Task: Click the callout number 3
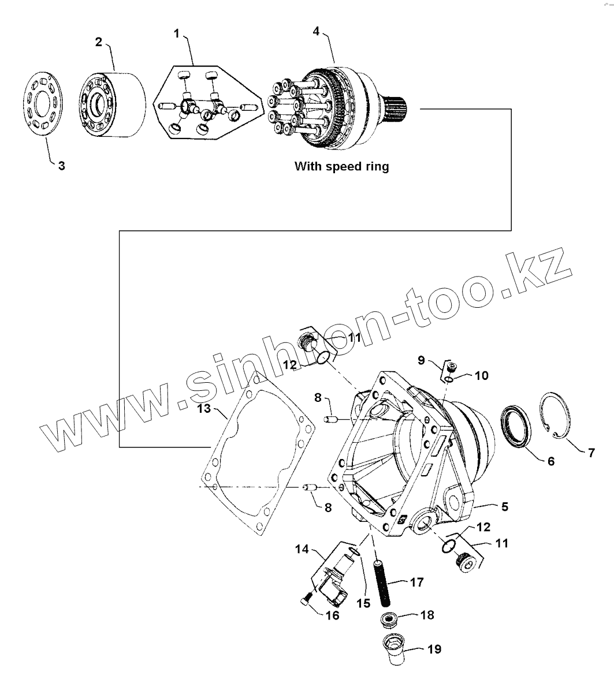(x=61, y=166)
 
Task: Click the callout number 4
(x=316, y=31)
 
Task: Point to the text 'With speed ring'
(x=341, y=166)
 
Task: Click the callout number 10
(x=482, y=376)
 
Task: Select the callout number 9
(x=422, y=360)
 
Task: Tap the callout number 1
(x=177, y=33)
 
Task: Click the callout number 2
(x=99, y=42)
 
